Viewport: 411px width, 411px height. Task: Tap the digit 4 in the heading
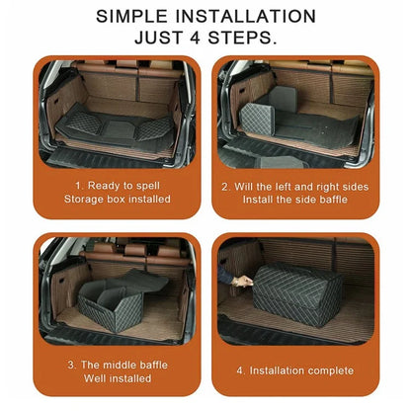pyautogui.click(x=206, y=39)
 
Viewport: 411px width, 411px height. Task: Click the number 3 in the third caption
pyautogui.click(x=71, y=364)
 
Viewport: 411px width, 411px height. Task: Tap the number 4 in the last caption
pyautogui.click(x=241, y=370)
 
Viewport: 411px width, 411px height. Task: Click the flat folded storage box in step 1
pyautogui.click(x=109, y=125)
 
